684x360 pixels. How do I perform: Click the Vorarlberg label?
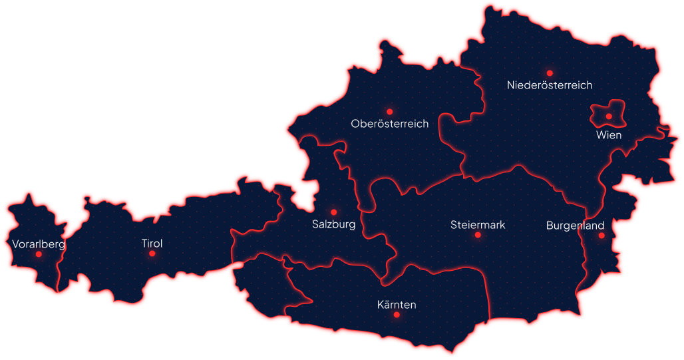[x=39, y=244]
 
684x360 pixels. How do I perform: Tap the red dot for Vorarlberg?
[x=39, y=254]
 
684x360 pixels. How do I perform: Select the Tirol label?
[x=152, y=244]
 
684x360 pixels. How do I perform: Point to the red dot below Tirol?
[x=152, y=254]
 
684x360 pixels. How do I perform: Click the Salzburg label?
[x=333, y=224]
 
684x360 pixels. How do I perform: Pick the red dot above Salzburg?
[x=333, y=212]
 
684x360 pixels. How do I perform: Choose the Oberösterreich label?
[x=389, y=124]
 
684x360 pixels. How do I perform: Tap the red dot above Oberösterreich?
[x=389, y=112]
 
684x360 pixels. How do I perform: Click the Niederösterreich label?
[x=549, y=85]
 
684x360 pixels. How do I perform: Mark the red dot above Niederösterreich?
[x=549, y=73]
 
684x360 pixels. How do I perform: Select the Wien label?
[x=609, y=135]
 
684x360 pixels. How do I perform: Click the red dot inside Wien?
[x=608, y=116]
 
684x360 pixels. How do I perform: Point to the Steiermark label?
[x=477, y=225]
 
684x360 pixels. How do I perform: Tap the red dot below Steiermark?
[x=477, y=235]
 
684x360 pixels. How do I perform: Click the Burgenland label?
[x=575, y=226]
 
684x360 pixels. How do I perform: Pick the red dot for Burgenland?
[x=601, y=235]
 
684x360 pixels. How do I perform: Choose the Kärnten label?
[x=396, y=305]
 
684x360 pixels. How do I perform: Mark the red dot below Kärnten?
[x=396, y=315]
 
